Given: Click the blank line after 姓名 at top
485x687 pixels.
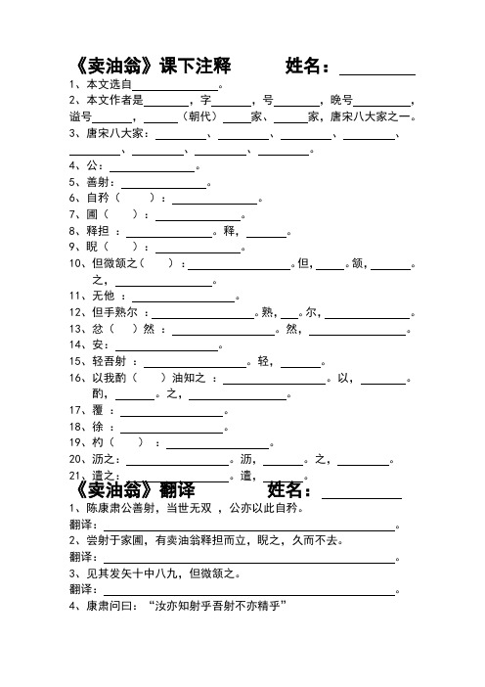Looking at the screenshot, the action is pos(376,70).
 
